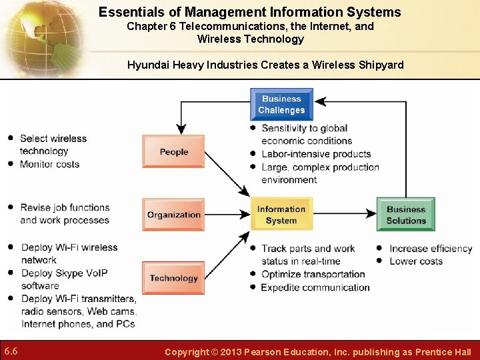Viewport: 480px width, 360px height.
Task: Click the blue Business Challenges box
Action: [x=281, y=105]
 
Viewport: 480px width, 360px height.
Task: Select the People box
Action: [x=173, y=151]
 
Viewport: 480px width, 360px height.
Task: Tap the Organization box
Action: [x=173, y=215]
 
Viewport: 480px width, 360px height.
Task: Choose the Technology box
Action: [x=173, y=278]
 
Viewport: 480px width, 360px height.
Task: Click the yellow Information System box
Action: [x=281, y=215]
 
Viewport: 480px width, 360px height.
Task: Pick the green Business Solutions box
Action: [x=405, y=215]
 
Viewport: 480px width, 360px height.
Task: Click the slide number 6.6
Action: [x=11, y=351]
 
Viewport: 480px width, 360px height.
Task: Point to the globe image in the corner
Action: [x=40, y=37]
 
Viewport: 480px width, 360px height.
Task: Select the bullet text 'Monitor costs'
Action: [x=49, y=164]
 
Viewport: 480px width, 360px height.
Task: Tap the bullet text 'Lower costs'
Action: [x=415, y=261]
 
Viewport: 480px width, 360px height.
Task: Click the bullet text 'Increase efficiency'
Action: [x=431, y=249]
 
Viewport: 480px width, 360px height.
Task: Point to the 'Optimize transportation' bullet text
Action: [x=313, y=274]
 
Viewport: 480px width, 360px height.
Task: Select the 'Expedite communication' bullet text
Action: [x=315, y=287]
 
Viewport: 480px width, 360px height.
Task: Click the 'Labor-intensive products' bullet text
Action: [x=315, y=154]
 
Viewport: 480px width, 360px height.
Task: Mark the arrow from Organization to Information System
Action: [x=227, y=215]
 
